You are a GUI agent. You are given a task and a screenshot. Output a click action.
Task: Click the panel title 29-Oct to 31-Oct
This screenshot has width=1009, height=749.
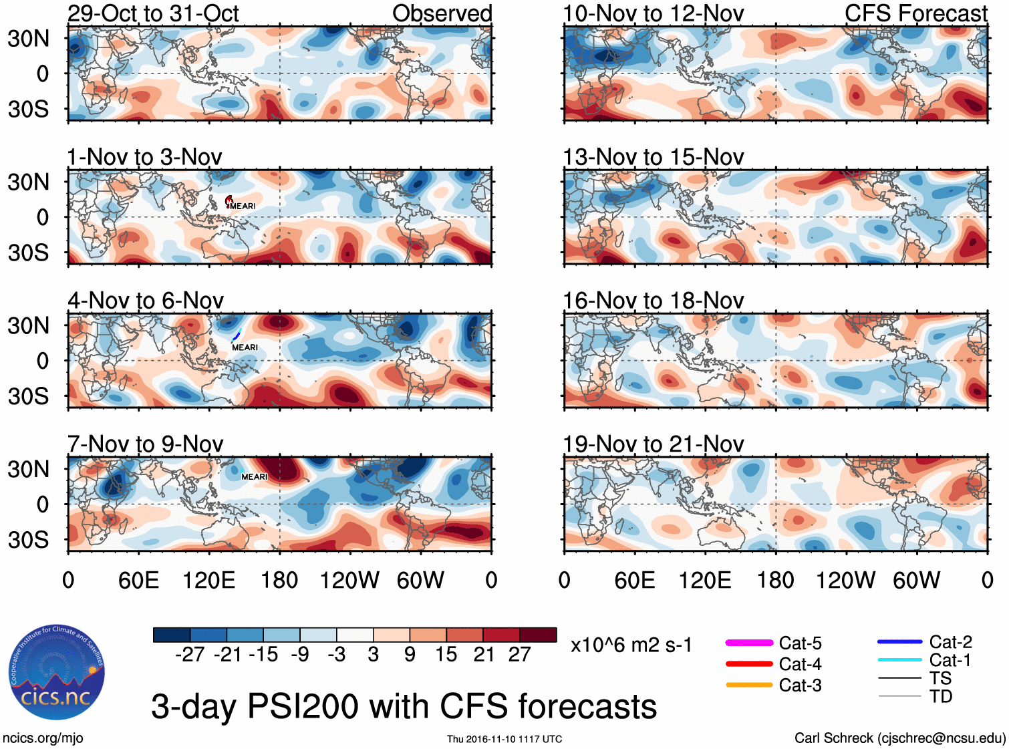coord(153,13)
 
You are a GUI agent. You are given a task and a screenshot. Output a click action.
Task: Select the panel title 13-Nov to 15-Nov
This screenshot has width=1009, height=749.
coord(653,157)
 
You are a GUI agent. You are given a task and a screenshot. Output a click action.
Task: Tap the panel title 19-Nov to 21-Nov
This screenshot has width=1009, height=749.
coord(653,444)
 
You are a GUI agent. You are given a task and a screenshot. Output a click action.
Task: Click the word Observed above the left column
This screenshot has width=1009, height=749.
coord(442,13)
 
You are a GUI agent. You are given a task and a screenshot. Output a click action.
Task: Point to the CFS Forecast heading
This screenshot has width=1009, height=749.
coord(915,13)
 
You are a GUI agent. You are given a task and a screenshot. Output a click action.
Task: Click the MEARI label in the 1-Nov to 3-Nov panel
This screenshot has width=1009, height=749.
coord(243,206)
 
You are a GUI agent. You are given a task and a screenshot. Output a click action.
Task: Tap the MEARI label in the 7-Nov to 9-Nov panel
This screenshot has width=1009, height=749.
coord(254,476)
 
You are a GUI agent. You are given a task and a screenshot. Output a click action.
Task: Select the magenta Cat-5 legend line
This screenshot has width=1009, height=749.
coord(748,643)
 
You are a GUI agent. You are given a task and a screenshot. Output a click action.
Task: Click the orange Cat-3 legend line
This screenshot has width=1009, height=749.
coord(748,685)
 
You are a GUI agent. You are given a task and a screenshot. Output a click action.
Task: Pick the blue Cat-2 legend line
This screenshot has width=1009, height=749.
coord(899,641)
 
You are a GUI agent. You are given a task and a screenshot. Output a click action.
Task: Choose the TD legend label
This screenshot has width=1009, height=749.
coord(940,696)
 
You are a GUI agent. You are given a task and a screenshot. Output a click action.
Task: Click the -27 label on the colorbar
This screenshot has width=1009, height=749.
coord(190,654)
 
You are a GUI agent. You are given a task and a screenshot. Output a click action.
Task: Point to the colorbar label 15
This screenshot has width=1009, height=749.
coord(446,654)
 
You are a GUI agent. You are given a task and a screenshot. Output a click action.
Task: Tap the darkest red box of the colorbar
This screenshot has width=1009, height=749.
coord(538,635)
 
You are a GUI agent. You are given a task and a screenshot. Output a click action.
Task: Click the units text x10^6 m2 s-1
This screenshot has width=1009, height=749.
coord(631,645)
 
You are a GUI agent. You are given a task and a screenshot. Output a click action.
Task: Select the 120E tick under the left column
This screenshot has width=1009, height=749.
coord(208,580)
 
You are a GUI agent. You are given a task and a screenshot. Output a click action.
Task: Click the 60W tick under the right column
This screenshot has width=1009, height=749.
coord(916,580)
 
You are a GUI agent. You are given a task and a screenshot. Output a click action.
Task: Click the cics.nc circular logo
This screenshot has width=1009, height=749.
coord(57,672)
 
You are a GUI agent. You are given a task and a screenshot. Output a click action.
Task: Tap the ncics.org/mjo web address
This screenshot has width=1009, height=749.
coord(43,738)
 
